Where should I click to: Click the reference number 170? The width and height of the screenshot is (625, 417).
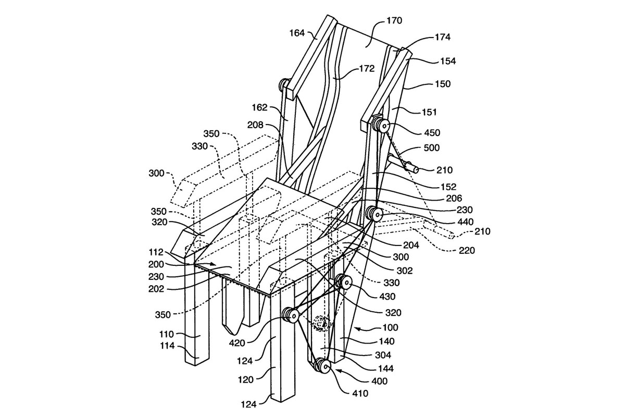(x=394, y=21)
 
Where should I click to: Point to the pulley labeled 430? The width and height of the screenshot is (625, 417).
(x=344, y=283)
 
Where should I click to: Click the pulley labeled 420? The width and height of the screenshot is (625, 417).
(x=291, y=316)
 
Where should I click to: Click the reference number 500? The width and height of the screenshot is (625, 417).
(x=432, y=148)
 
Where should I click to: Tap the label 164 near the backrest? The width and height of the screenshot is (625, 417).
(x=297, y=33)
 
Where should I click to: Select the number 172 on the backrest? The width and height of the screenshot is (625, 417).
(x=367, y=68)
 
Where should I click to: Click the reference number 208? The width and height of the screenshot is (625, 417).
(x=255, y=125)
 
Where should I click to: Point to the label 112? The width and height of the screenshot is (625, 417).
(x=156, y=252)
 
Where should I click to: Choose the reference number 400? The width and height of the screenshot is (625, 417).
(x=379, y=381)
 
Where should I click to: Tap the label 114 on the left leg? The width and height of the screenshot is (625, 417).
(x=167, y=346)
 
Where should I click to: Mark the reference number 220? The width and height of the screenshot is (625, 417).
(x=467, y=250)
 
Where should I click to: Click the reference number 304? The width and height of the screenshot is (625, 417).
(x=383, y=355)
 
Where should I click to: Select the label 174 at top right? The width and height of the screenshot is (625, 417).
(x=442, y=37)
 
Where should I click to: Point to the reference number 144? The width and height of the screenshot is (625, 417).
(x=385, y=369)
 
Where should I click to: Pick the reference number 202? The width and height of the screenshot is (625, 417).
(x=156, y=289)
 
